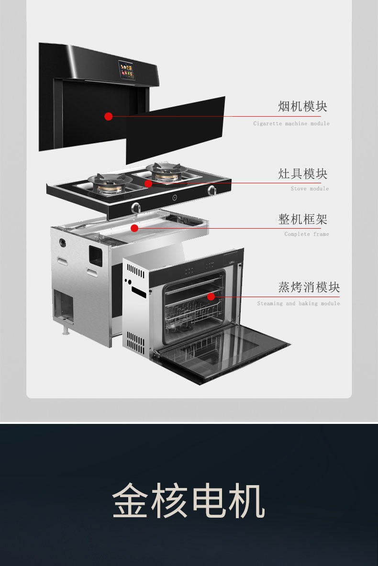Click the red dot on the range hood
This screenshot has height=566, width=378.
click(x=109, y=116)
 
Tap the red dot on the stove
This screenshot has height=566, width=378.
click(x=148, y=183)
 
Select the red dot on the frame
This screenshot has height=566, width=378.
click(x=134, y=228)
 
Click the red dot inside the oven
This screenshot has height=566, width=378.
click(x=211, y=297)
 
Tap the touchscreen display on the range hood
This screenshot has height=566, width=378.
click(x=126, y=70)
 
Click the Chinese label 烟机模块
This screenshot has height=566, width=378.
click(x=302, y=107)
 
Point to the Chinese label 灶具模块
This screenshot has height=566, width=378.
click(x=302, y=174)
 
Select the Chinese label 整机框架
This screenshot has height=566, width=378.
click(x=302, y=219)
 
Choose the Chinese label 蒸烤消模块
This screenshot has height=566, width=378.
click(x=309, y=287)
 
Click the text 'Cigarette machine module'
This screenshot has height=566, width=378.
click(x=291, y=123)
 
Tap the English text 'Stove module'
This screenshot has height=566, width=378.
click(x=310, y=189)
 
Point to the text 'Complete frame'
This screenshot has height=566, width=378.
click(x=307, y=234)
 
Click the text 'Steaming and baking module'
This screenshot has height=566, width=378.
click(x=299, y=303)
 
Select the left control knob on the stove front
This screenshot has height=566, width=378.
click(x=136, y=208)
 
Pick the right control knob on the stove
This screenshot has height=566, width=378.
click(x=212, y=190)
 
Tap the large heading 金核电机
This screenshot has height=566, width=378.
click(x=189, y=500)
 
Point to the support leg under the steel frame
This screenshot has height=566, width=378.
click(x=66, y=329)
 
